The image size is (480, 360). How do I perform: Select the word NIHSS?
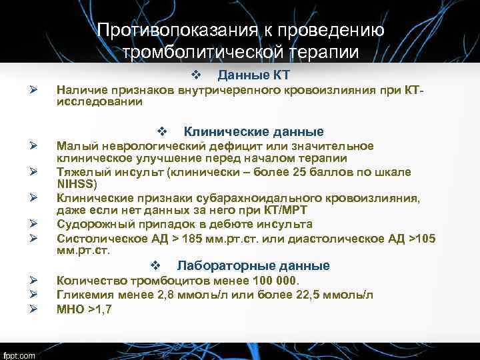click(76, 184)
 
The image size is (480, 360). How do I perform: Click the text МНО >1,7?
click(84, 309)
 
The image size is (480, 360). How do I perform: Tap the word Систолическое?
click(97, 239)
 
